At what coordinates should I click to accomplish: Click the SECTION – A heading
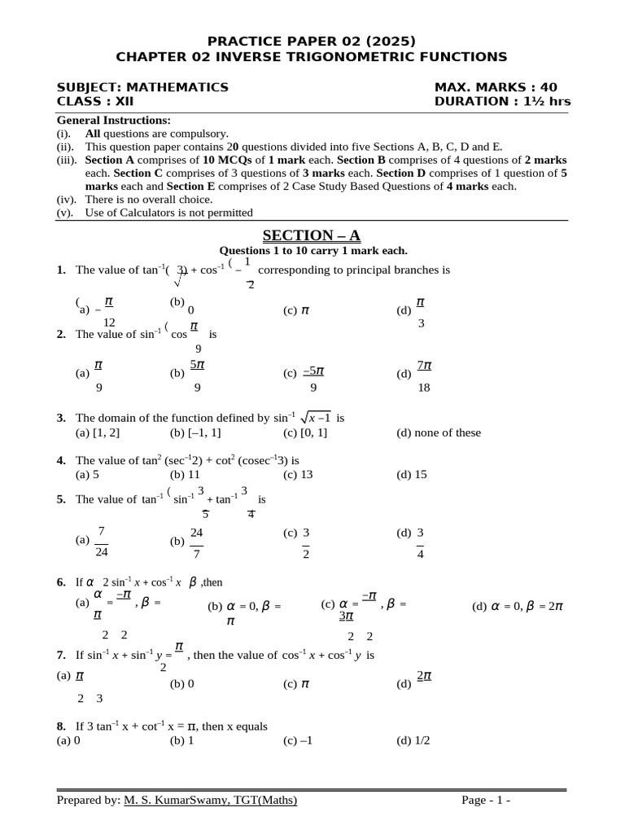312,236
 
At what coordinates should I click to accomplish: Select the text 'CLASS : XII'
94,102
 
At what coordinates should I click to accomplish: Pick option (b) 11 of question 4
185,474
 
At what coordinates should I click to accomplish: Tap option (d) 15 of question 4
411,474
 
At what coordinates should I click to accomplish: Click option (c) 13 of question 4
298,474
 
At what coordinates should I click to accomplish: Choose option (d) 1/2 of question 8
413,740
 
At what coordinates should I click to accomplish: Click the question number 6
61,582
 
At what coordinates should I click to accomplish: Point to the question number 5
61,500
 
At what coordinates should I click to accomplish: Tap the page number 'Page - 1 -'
486,801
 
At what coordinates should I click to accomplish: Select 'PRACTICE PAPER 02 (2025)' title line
312,41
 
